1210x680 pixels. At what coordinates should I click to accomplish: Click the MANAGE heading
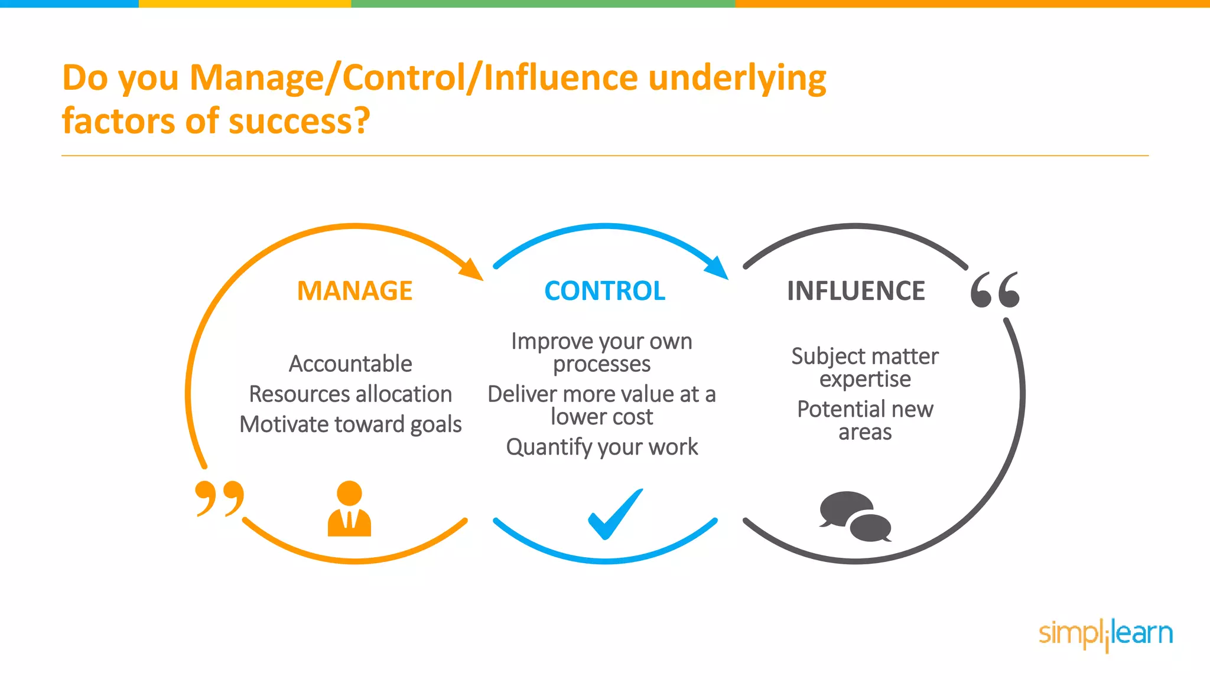pyautogui.click(x=354, y=291)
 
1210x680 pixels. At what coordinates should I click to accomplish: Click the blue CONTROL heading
pyautogui.click(x=604, y=291)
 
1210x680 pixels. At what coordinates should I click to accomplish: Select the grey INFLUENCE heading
pyautogui.click(x=856, y=291)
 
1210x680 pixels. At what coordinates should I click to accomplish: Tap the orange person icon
pyautogui.click(x=349, y=509)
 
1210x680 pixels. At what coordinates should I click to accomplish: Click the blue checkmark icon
pyautogui.click(x=614, y=514)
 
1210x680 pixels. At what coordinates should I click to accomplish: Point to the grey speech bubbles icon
pyautogui.click(x=855, y=516)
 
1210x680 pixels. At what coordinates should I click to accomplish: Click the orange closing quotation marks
pyautogui.click(x=219, y=498)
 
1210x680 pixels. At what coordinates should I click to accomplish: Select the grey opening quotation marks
pyautogui.click(x=995, y=290)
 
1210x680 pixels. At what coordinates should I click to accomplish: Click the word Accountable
pyautogui.click(x=350, y=364)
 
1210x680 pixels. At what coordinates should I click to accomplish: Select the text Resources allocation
pyautogui.click(x=350, y=394)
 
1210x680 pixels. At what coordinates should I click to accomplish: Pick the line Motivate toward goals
pyautogui.click(x=350, y=424)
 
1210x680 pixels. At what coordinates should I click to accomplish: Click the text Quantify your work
pyautogui.click(x=602, y=447)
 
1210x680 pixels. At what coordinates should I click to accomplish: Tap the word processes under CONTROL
pyautogui.click(x=601, y=365)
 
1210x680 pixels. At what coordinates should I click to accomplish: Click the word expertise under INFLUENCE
pyautogui.click(x=865, y=380)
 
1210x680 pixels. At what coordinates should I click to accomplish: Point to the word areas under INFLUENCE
pyautogui.click(x=865, y=433)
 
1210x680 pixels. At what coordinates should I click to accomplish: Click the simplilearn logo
pyautogui.click(x=1105, y=634)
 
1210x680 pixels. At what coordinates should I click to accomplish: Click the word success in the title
pyautogui.click(x=298, y=121)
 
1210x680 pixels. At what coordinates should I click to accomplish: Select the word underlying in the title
pyautogui.click(x=737, y=79)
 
